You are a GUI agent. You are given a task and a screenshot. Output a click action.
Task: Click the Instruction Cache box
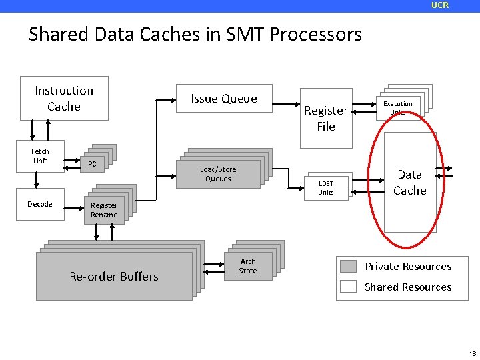tap(64, 99)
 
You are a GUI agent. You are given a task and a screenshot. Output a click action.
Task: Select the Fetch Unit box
tap(40, 156)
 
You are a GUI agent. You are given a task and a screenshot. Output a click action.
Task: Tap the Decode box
tap(40, 204)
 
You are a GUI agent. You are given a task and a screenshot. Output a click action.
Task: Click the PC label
tap(92, 164)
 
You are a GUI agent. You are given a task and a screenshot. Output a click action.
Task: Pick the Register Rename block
tap(104, 210)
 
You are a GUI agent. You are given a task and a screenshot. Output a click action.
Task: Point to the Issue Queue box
tap(223, 99)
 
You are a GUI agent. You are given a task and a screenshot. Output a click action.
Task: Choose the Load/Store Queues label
tap(218, 174)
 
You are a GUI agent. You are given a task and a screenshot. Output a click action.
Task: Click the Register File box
tap(325, 119)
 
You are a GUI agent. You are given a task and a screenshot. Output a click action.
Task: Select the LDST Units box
tap(325, 188)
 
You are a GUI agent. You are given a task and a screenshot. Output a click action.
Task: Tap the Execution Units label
tap(397, 107)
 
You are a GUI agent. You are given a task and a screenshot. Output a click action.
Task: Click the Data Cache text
tap(409, 182)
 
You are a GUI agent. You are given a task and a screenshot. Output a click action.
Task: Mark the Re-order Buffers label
tap(114, 276)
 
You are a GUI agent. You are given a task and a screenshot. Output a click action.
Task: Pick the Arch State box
tap(248, 266)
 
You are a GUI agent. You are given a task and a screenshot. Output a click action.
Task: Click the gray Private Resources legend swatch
tap(349, 267)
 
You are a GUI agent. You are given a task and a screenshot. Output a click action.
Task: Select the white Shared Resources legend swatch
tap(349, 287)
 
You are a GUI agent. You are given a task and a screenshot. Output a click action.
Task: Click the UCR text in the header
tap(440, 5)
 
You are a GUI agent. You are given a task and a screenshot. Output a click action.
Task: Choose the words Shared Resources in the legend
tap(408, 287)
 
